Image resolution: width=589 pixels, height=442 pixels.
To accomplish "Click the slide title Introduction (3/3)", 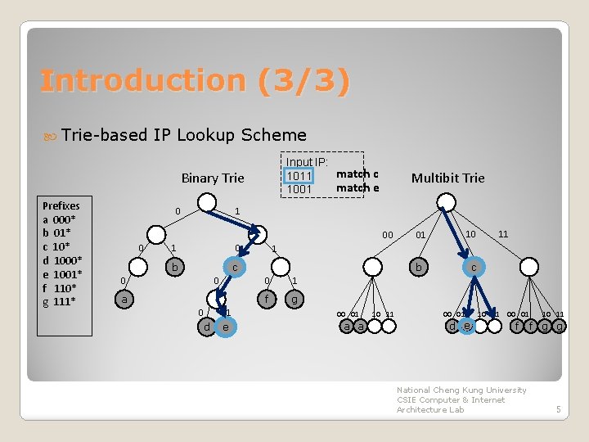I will point(195,80).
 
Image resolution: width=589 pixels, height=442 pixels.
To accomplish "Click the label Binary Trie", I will point(212,178).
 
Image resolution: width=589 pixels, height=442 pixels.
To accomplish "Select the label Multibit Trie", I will point(447,178).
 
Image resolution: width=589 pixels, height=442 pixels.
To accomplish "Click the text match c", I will point(357,174).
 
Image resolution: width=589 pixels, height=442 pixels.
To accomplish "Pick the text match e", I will point(357,187).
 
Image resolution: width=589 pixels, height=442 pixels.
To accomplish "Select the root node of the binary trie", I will point(209,202).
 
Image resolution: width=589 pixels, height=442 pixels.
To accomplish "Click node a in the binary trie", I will point(124,300).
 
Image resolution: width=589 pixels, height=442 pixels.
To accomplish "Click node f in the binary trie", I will point(265,300).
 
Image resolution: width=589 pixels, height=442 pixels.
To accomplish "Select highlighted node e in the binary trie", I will point(225,327).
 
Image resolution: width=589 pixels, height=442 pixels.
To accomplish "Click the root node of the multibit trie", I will point(447,202).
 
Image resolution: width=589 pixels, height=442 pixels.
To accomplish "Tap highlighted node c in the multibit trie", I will point(473,267).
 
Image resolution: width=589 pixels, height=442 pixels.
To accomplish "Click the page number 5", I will point(558,409).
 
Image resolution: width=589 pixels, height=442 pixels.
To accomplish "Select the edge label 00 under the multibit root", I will point(388,235).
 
